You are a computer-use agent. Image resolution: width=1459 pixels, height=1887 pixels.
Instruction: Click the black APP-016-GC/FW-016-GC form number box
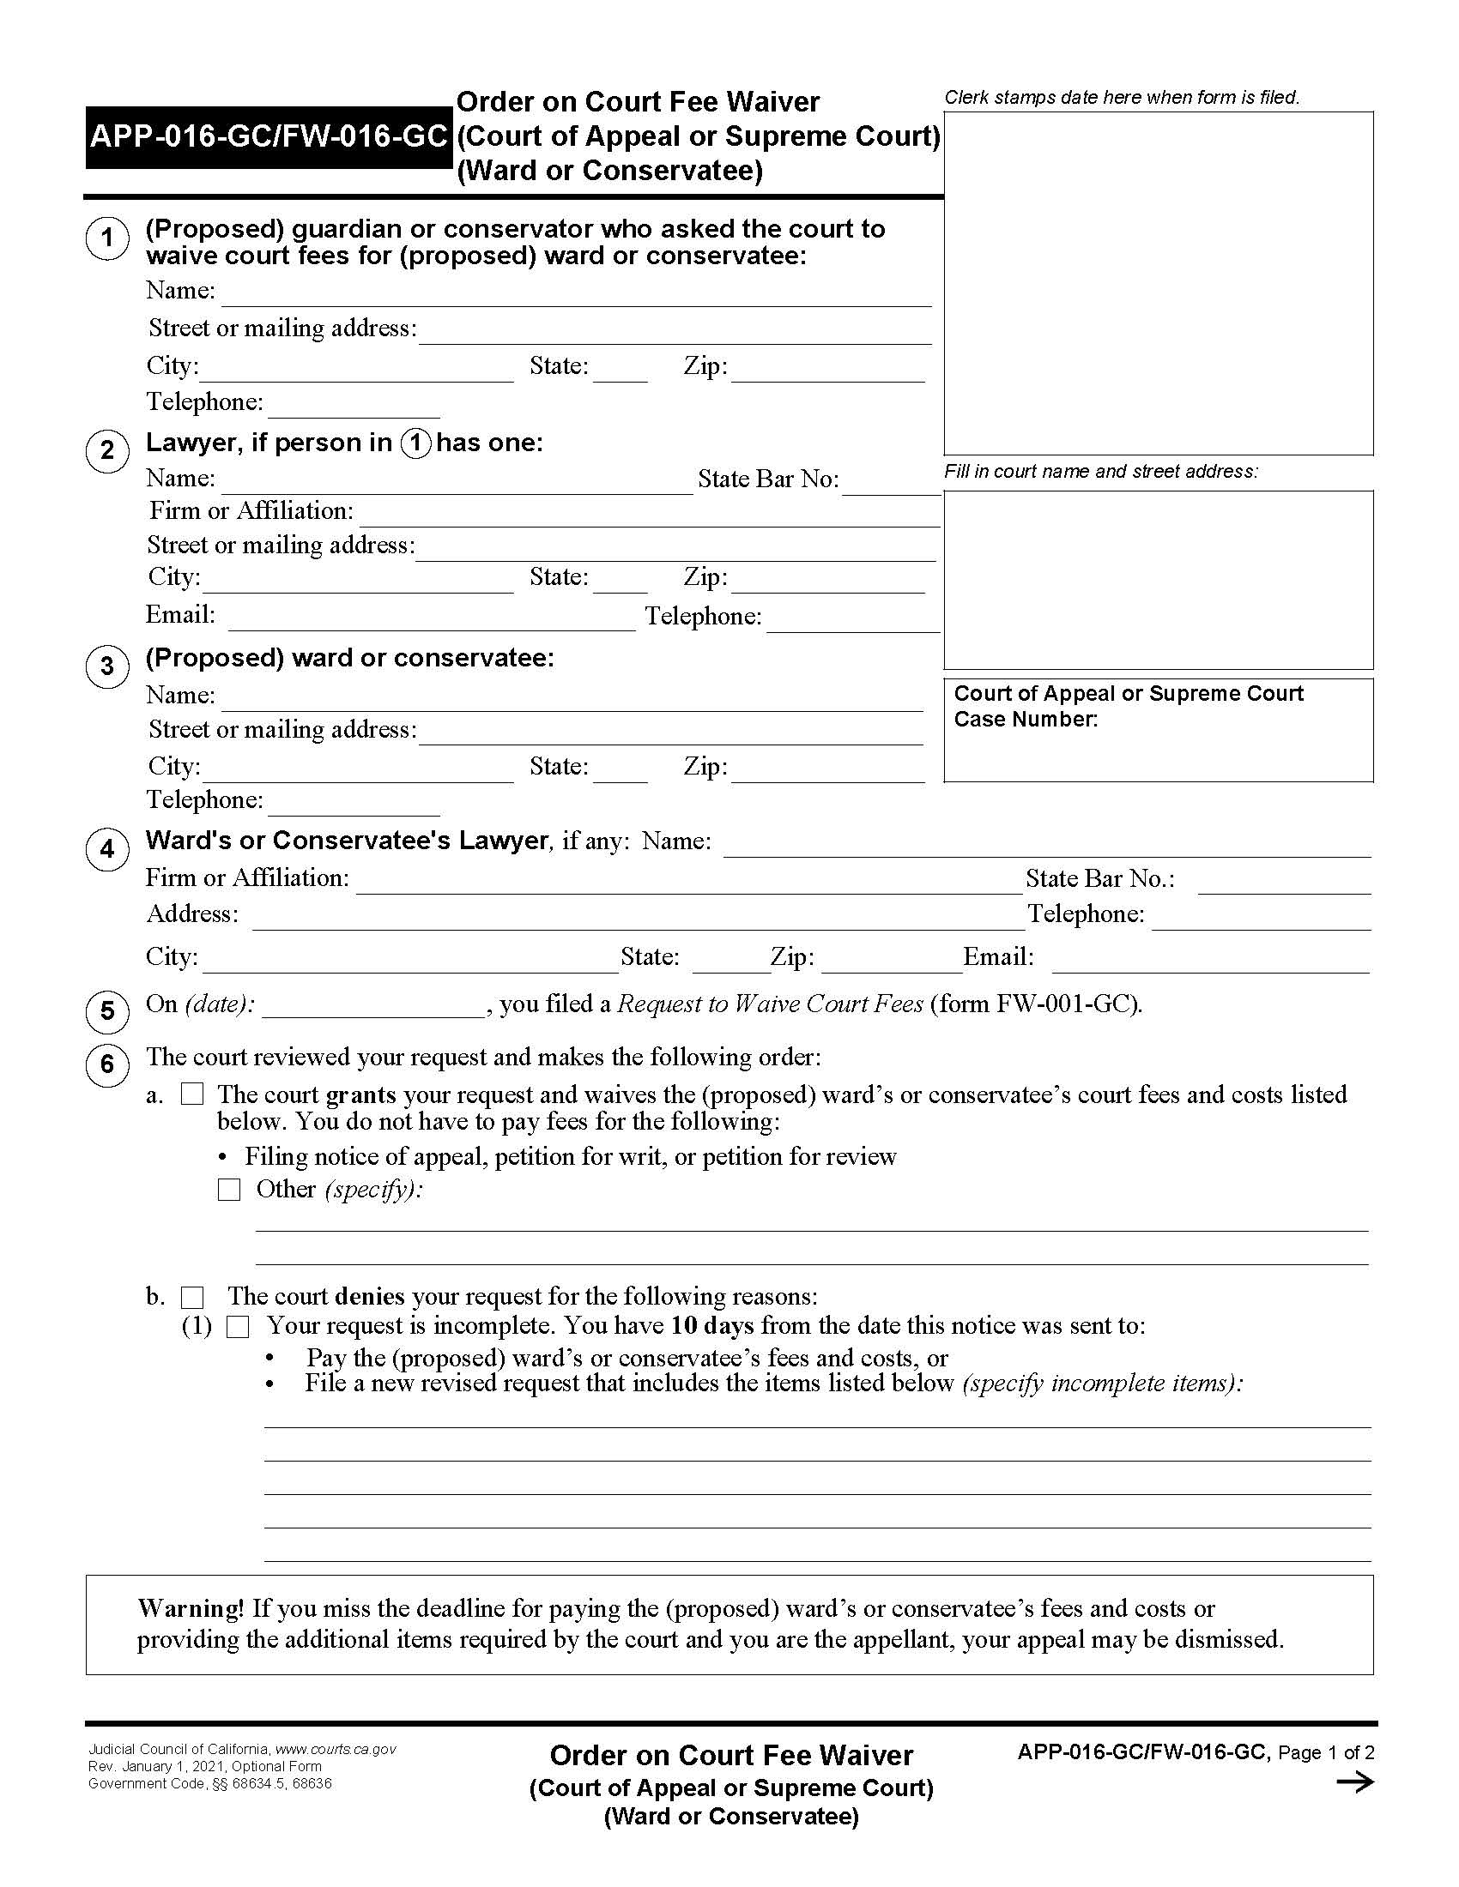(268, 136)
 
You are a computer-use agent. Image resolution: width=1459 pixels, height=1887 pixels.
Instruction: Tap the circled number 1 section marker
(107, 238)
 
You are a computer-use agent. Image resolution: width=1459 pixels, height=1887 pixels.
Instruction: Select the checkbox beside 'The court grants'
(192, 1094)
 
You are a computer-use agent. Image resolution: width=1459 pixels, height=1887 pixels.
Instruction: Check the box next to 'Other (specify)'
(229, 1190)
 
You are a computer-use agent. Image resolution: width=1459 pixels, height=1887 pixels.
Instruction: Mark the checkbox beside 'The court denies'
(192, 1298)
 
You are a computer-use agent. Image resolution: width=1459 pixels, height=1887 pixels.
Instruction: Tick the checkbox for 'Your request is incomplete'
(238, 1327)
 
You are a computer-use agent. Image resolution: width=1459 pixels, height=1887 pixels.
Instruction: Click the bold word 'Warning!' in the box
(191, 1608)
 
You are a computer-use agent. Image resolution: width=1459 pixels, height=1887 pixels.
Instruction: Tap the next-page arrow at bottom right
(1354, 1782)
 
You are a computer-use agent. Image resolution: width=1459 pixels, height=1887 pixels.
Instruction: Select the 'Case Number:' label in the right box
(1025, 720)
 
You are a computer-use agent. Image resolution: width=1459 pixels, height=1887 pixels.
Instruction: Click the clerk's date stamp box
(1159, 282)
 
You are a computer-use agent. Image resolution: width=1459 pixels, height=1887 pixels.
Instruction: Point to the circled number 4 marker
(107, 849)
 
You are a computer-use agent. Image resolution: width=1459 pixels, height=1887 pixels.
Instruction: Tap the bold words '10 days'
(712, 1325)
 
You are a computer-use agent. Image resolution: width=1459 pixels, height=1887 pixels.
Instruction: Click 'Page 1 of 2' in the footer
(1326, 1752)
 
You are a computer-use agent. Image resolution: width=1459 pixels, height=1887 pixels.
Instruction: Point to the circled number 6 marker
(107, 1064)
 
